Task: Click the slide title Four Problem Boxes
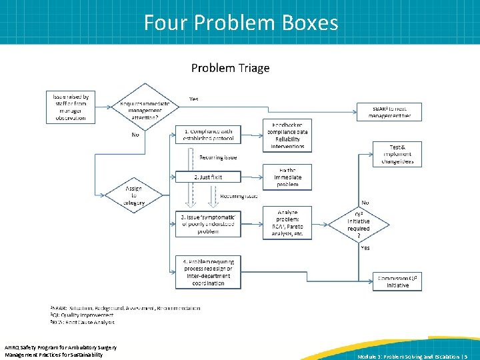pos(241,23)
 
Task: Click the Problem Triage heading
pos(230,68)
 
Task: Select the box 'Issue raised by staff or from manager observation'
pos(70,107)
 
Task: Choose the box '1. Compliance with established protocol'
pos(208,135)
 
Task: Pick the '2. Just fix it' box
pos(208,177)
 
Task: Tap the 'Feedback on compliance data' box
pos(287,135)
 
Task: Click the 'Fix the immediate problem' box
pos(287,177)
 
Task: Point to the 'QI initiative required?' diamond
pos(358,223)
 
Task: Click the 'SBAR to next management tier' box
pos(390,112)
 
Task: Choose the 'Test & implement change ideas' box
pos(397,154)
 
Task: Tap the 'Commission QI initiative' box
pos(398,281)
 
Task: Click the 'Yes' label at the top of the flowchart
pos(193,99)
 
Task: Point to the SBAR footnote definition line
pos(125,309)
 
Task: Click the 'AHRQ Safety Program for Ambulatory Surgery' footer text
pos(61,347)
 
